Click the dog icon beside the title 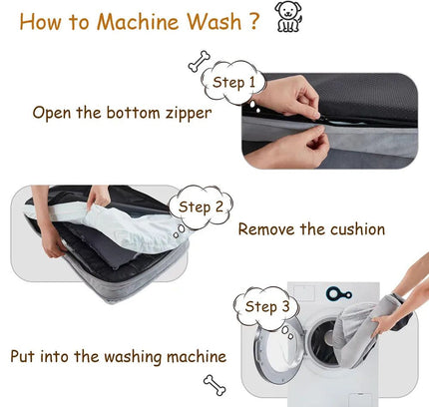(x=289, y=19)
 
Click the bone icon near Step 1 (x=199, y=62)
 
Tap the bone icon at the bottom (x=214, y=383)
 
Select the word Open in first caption (x=52, y=112)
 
